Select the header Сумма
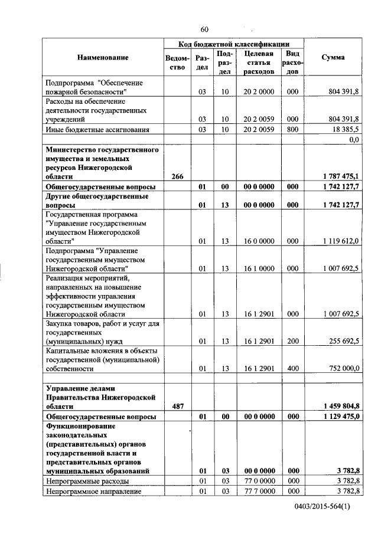pyautogui.click(x=333, y=57)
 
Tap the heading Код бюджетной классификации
pyautogui.click(x=234, y=44)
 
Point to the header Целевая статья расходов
pyautogui.click(x=259, y=63)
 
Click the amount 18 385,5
pyautogui.click(x=345, y=129)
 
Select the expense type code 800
pyautogui.click(x=292, y=129)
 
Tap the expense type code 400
pyautogui.click(x=292, y=368)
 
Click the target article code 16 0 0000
pyautogui.click(x=259, y=241)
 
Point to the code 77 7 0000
pyautogui.click(x=259, y=491)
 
